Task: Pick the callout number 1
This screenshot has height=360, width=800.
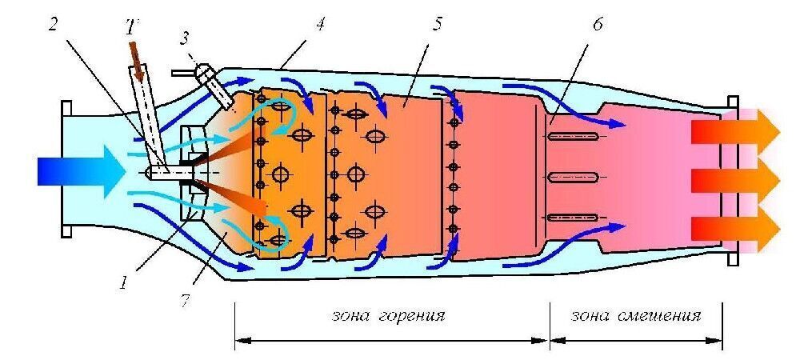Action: coord(123,281)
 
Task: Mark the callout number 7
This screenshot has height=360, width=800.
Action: coord(185,299)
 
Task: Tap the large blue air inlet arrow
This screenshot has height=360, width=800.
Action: coord(81,171)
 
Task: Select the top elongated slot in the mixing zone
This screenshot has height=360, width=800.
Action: coord(573,136)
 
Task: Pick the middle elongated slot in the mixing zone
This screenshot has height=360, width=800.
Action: coord(573,177)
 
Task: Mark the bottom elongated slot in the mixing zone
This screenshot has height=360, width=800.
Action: coord(573,218)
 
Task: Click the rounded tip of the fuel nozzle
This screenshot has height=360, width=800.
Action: coord(148,173)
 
